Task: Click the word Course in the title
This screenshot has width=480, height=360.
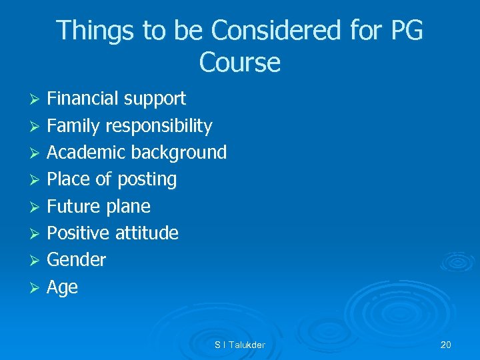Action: coord(239,63)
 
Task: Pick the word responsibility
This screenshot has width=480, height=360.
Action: coord(158,126)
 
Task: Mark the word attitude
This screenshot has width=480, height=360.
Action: coord(147,233)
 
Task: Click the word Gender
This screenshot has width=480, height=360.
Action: coord(76,260)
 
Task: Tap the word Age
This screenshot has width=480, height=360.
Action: coord(62,287)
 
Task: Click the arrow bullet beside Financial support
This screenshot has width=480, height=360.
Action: coord(37,99)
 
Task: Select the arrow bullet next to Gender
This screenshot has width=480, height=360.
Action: coord(37,261)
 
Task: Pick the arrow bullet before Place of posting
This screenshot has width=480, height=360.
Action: coord(37,180)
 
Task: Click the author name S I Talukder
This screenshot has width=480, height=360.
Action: coord(239,345)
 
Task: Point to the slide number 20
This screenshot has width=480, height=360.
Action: coord(445,345)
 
